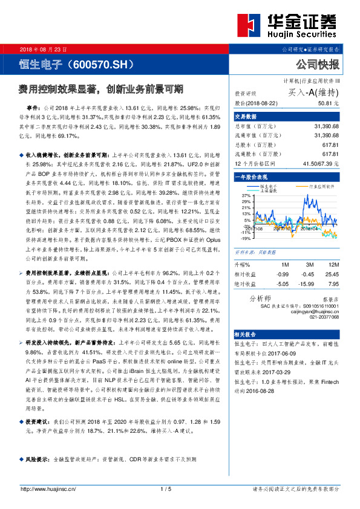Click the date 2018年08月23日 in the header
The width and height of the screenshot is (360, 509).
(44, 48)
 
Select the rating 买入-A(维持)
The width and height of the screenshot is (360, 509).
(313, 92)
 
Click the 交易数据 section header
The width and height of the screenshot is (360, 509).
(246, 117)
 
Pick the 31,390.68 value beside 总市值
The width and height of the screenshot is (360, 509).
(326, 127)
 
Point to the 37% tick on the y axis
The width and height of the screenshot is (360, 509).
(245, 196)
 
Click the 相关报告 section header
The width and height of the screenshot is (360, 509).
(246, 351)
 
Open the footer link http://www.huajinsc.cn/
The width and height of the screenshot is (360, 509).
(48, 488)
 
